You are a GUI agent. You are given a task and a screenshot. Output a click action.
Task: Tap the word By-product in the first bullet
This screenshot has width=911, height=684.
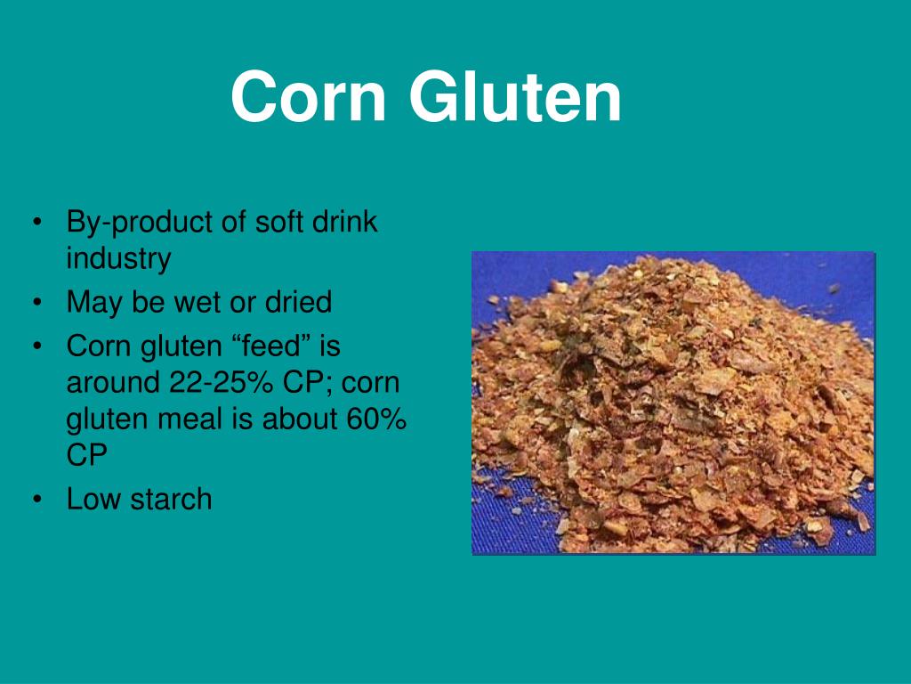coord(141,223)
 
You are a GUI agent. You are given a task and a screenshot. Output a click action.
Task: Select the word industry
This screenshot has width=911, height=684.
coord(118,259)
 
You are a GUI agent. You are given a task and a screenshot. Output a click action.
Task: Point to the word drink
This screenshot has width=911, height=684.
coord(344,222)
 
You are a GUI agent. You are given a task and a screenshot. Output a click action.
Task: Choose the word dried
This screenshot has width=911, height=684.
coord(297,302)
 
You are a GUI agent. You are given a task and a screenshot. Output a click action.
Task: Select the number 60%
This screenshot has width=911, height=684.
coord(376,419)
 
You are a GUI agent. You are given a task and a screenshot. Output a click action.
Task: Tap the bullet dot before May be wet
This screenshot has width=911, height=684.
coord(36,304)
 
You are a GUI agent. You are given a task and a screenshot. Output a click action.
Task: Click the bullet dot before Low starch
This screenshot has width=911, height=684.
coord(36,500)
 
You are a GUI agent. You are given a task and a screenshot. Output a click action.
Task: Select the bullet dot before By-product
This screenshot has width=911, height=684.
coord(36,224)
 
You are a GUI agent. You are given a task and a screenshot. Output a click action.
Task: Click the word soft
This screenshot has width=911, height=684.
coord(278,222)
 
